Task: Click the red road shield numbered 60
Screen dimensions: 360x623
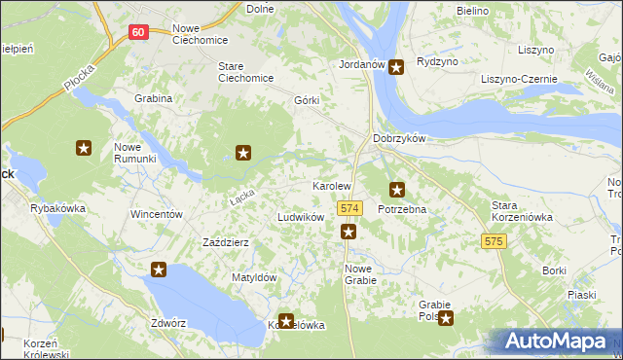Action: click(138, 32)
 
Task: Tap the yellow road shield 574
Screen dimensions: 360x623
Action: click(350, 209)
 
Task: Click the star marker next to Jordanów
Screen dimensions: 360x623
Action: click(397, 67)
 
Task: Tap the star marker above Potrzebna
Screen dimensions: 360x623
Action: click(396, 190)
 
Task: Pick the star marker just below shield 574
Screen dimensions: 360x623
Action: click(348, 232)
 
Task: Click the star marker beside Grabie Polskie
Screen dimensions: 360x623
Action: click(445, 317)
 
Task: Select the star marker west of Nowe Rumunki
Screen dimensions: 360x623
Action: click(84, 148)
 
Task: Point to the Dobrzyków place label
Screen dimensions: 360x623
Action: click(400, 138)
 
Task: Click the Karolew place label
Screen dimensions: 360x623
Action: click(331, 185)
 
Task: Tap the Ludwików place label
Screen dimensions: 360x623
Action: click(300, 218)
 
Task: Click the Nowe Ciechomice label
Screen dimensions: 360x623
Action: click(199, 34)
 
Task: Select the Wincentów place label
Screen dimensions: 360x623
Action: click(157, 213)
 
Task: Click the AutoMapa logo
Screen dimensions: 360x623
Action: click(559, 341)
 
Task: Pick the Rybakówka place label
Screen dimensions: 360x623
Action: click(58, 208)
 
